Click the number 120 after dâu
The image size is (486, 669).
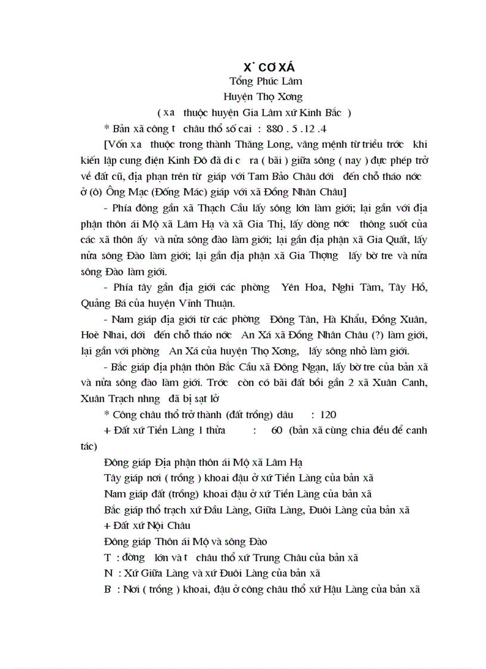[x=329, y=414]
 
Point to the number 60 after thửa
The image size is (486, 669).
[x=276, y=430]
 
